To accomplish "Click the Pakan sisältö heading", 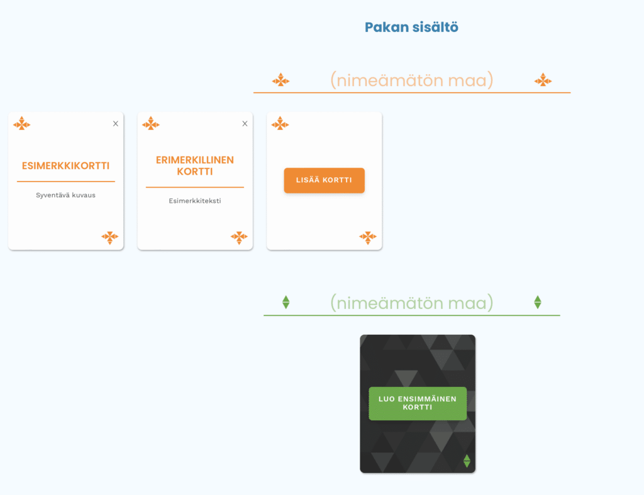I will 411,27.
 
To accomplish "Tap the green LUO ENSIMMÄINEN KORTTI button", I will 418,403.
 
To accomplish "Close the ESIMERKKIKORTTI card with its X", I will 116,124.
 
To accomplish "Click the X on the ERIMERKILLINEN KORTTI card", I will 245,124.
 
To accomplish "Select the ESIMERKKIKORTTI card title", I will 66,166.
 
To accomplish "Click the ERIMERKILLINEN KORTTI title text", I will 195,166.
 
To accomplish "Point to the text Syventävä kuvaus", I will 66,195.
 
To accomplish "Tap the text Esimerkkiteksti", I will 195,201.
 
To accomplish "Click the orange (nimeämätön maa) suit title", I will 411,80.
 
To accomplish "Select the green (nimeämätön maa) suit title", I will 411,303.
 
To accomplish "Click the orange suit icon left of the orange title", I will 280,80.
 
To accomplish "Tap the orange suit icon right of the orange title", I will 543,80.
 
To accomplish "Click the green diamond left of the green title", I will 286,302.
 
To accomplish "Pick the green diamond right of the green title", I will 538,302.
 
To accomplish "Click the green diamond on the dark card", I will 467,461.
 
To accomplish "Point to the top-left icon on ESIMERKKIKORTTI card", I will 22,123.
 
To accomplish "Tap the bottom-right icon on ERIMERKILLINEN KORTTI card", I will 239,237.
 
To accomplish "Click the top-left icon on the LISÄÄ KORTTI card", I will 280,123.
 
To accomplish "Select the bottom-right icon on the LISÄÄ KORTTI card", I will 368,237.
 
